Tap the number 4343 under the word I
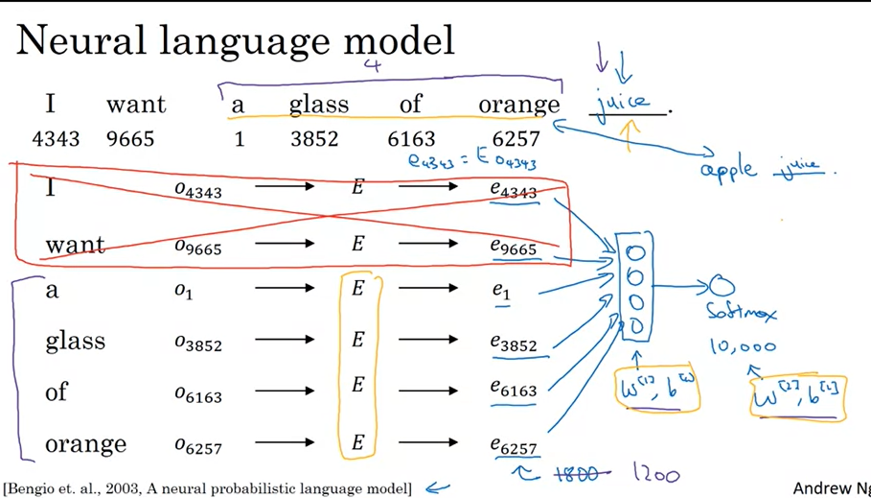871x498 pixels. click(x=56, y=139)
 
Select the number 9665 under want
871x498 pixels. click(x=130, y=139)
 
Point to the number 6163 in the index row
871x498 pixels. click(x=411, y=139)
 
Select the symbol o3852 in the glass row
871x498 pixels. click(x=198, y=342)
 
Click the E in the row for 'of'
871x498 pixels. click(x=357, y=385)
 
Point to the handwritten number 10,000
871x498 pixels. click(x=743, y=346)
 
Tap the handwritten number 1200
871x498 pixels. click(x=657, y=473)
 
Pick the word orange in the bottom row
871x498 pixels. click(x=85, y=444)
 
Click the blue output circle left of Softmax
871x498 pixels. click(x=721, y=284)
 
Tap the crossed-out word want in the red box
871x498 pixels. click(x=75, y=245)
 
